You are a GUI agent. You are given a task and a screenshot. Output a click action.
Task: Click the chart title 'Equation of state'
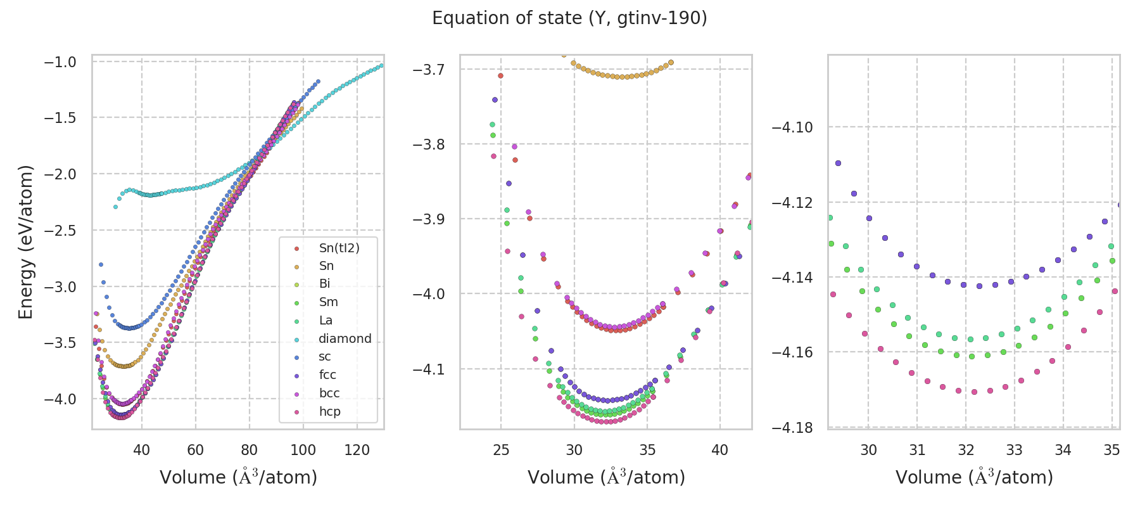pos(569,18)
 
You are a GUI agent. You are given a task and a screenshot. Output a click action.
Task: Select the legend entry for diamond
pos(345,338)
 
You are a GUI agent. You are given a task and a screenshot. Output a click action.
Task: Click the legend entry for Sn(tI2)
pos(339,248)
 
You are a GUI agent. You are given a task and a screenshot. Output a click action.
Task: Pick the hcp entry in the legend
pos(329,411)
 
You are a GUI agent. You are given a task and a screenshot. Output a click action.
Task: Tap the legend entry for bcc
pos(329,393)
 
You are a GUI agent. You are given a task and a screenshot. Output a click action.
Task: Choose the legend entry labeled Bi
pos(324,284)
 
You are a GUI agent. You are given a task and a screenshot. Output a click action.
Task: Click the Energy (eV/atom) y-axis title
pos(25,242)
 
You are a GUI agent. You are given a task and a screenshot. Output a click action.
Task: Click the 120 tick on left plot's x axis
pos(357,450)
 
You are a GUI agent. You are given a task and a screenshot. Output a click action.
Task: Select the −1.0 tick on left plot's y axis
pos(60,62)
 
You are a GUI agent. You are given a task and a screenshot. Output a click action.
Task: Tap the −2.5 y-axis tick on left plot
pos(60,231)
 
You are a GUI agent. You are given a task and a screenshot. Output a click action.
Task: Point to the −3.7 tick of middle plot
pos(429,69)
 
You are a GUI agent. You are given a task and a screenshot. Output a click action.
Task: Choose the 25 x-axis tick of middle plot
pos(501,450)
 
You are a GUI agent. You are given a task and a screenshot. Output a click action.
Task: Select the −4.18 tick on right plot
pos(792,427)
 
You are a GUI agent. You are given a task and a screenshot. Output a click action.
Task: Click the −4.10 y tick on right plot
pos(792,127)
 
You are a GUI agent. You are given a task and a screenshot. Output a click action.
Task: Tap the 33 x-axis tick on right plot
pos(1015,450)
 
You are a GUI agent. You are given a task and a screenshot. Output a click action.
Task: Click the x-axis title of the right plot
pos(974,477)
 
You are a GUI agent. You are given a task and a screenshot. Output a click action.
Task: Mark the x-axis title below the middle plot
pos(606,477)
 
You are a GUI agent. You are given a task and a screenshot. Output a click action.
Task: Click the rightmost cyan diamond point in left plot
pos(381,65)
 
